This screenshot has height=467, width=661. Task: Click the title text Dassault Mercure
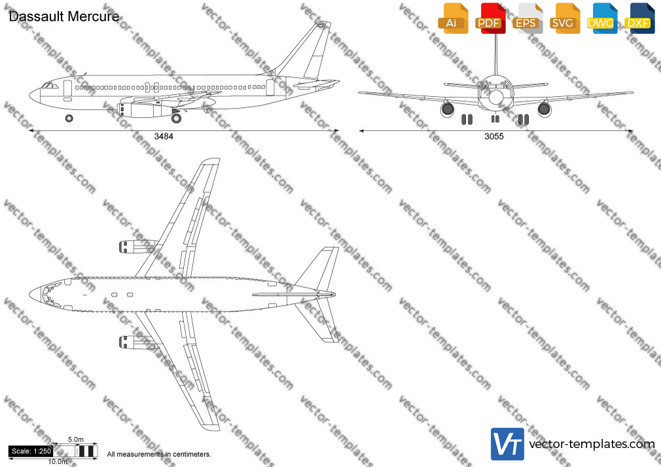[64, 16]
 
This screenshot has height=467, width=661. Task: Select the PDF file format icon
[491, 18]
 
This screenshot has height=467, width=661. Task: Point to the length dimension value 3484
[164, 136]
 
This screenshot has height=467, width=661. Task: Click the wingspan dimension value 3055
[494, 136]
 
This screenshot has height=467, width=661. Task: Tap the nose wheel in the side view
[69, 118]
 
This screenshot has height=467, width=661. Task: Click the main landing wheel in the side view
[176, 118]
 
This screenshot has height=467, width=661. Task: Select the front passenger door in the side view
[67, 90]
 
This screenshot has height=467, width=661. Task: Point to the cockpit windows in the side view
[50, 86]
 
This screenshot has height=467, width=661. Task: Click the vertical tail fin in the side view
[308, 50]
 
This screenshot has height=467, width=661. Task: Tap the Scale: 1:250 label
[31, 451]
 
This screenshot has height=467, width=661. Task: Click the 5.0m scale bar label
[76, 440]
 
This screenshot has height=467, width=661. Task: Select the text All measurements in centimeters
[159, 455]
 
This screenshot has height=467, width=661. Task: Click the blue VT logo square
[508, 444]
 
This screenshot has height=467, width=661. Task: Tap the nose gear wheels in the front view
[495, 119]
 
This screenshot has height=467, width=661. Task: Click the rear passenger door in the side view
[270, 87]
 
